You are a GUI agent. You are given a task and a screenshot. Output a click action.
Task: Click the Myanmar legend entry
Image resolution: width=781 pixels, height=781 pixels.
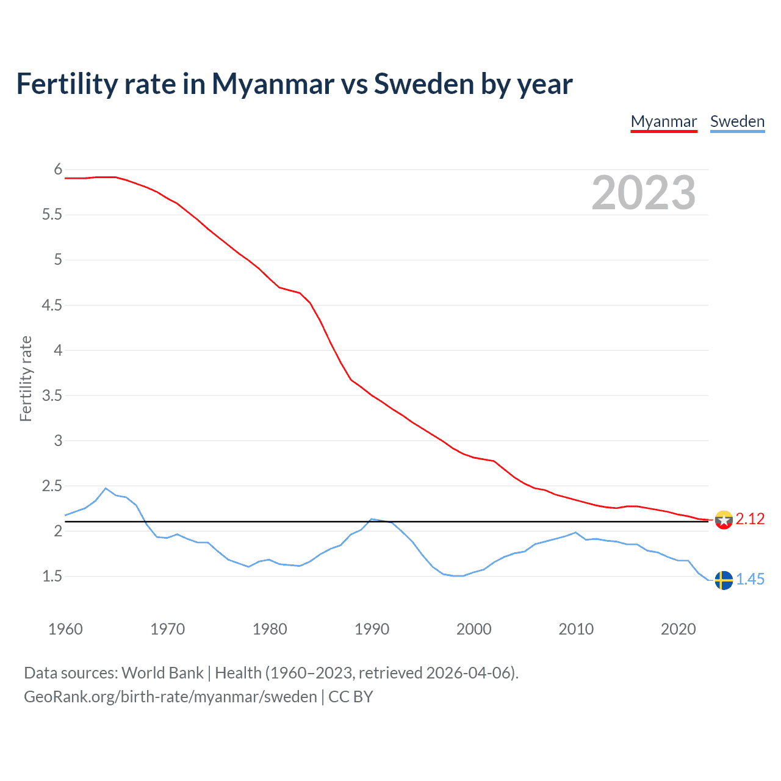pyautogui.click(x=664, y=121)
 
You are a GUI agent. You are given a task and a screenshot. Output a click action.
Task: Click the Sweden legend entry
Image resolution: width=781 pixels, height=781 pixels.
pyautogui.click(x=737, y=121)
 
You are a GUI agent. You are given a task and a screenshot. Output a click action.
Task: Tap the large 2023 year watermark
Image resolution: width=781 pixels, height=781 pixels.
pyautogui.click(x=644, y=193)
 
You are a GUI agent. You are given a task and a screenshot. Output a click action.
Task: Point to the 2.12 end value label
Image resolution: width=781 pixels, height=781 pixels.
pyautogui.click(x=750, y=519)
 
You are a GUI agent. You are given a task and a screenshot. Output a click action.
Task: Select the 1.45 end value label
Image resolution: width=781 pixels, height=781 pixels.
pyautogui.click(x=750, y=579)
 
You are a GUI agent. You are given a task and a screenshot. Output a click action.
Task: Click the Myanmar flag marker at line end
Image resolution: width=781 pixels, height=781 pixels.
pyautogui.click(x=724, y=520)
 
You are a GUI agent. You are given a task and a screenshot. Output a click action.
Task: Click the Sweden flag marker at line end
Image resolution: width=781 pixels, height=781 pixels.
pyautogui.click(x=724, y=580)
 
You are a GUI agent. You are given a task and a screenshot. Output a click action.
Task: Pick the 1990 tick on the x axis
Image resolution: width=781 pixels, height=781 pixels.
pyautogui.click(x=372, y=629)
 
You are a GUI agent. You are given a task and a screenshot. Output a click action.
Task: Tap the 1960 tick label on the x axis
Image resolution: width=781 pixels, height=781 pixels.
pyautogui.click(x=65, y=629)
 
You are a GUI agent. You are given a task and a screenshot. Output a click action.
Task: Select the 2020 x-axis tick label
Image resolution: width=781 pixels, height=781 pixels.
pyautogui.click(x=678, y=629)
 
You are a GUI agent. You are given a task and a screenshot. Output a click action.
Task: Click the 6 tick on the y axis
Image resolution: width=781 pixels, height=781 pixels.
pyautogui.click(x=59, y=170)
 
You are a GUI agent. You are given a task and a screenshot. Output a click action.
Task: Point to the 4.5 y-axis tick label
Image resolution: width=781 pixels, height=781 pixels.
pyautogui.click(x=52, y=305)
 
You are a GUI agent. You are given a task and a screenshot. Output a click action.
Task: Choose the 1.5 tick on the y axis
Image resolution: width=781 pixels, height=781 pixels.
pyautogui.click(x=52, y=577)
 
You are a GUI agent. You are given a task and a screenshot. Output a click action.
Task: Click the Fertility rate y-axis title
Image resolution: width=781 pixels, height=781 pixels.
pyautogui.click(x=26, y=378)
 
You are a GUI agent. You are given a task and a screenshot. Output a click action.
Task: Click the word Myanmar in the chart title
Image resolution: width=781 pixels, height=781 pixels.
pyautogui.click(x=273, y=84)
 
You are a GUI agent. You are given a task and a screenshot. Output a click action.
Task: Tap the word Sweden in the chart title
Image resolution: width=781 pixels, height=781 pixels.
pyautogui.click(x=424, y=84)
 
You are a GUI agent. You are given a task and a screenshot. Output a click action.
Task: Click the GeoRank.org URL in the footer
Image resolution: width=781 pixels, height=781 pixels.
pyautogui.click(x=170, y=697)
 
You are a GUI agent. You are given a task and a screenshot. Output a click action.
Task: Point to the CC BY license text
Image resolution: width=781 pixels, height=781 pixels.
pyautogui.click(x=351, y=697)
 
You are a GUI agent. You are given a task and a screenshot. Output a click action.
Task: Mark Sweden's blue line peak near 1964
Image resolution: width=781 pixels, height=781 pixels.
pyautogui.click(x=106, y=488)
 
